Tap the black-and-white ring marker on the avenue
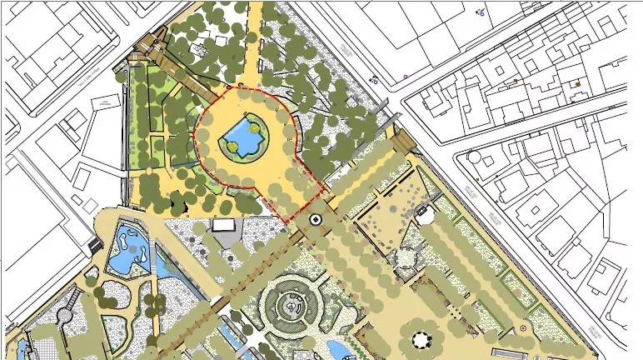[316, 220]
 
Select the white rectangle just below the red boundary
[222, 225]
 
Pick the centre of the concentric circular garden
[291, 305]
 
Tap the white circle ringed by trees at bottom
[421, 340]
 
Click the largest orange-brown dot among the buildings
[576, 84]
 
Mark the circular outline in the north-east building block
[474, 157]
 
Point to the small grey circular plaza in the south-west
[65, 316]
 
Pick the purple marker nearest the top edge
[480, 12]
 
